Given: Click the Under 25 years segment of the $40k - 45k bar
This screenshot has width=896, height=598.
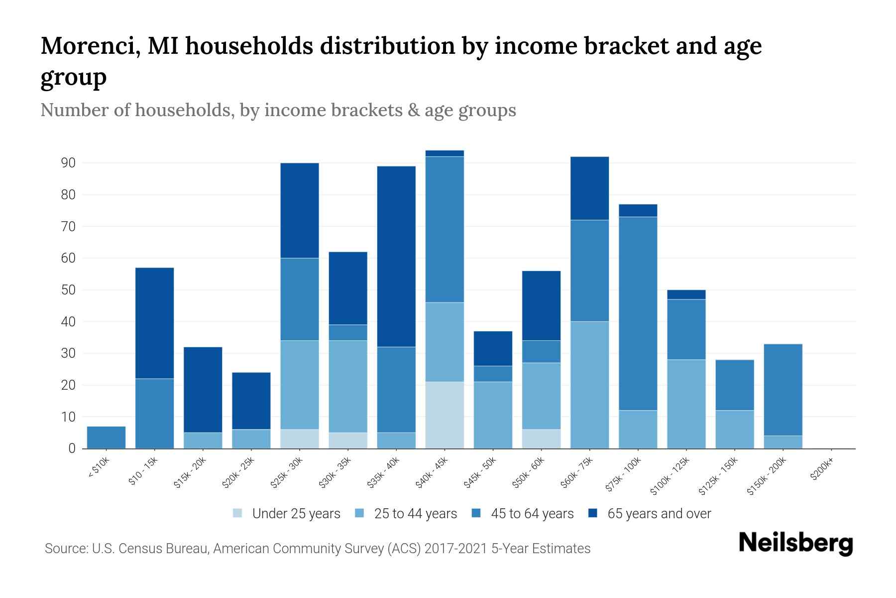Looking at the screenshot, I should [x=445, y=415].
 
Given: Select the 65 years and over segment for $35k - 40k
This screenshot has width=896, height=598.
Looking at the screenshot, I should [x=396, y=256].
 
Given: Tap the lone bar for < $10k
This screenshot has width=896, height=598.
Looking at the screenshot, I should [x=106, y=438].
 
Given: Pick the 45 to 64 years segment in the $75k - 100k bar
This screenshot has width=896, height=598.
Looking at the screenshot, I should [x=638, y=313].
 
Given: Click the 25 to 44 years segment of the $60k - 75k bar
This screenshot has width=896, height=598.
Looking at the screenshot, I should [x=589, y=385].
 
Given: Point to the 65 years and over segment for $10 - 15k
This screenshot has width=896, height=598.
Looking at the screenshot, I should [x=154, y=323].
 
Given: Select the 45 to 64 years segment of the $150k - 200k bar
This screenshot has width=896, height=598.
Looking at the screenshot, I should [x=783, y=390].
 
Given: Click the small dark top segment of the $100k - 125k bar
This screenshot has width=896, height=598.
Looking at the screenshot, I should [x=686, y=295].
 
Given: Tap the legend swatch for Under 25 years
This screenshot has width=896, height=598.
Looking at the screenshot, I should [x=238, y=513].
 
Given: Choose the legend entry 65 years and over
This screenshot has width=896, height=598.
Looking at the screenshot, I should [x=659, y=514].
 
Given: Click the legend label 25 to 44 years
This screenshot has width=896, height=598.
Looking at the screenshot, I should [x=415, y=514].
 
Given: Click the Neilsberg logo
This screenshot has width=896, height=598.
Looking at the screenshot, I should [x=795, y=543].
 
